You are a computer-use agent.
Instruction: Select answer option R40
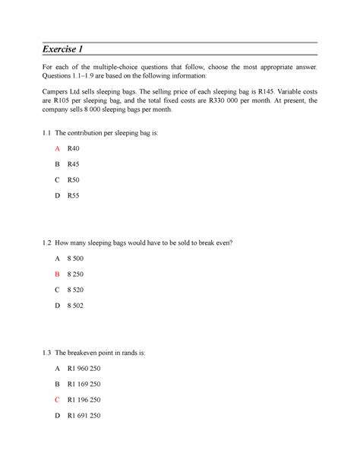(x=73, y=148)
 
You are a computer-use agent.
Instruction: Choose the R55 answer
(x=73, y=195)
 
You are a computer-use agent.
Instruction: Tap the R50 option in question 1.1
(x=73, y=179)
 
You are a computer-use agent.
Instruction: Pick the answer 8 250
(x=77, y=274)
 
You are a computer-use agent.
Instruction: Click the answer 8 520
(x=77, y=290)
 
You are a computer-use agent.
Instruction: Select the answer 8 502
(x=77, y=306)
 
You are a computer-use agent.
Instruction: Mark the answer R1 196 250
(x=84, y=400)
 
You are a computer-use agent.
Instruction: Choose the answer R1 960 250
(x=84, y=368)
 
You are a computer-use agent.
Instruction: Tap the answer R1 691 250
(x=84, y=416)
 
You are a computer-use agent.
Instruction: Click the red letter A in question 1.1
(x=57, y=148)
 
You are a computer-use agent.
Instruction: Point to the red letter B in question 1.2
(x=57, y=274)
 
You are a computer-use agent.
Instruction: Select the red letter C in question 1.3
(x=57, y=400)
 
